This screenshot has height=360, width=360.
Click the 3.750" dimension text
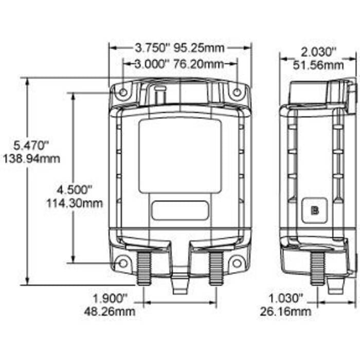[150, 48]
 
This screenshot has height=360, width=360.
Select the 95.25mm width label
[199, 48]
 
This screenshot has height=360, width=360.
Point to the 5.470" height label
[31, 146]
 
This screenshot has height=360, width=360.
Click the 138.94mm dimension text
[31, 159]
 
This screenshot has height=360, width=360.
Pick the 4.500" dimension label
[75, 190]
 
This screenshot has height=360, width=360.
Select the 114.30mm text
[75, 204]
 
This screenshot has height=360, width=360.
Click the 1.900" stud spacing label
[110, 298]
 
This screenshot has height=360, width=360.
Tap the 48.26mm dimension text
[110, 312]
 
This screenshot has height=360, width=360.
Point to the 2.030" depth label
[318, 52]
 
